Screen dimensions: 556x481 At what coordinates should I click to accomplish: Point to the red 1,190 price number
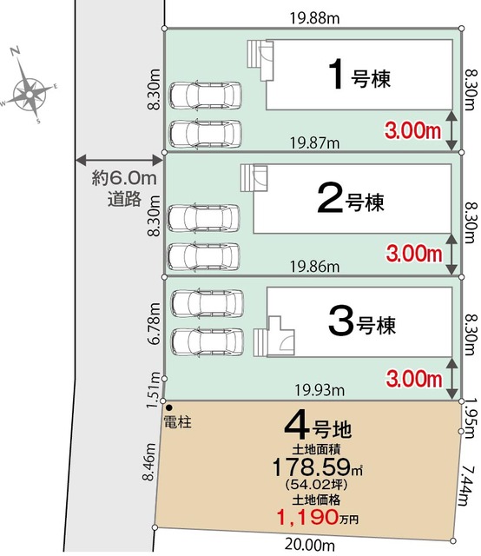(306, 518)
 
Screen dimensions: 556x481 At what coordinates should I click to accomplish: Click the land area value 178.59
(313, 465)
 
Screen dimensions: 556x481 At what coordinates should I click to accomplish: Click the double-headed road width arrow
(120, 159)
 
